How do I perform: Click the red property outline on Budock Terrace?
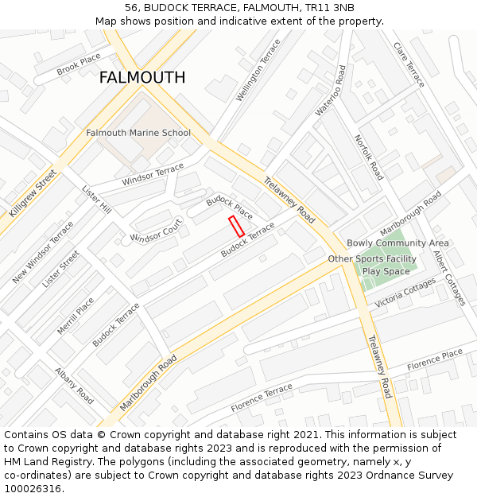pyautogui.click(x=236, y=227)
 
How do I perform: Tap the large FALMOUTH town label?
pyautogui.click(x=142, y=78)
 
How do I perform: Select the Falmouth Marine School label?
pyautogui.click(x=138, y=133)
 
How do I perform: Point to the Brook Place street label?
pyautogui.click(x=79, y=64)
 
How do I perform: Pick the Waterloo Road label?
pyautogui.click(x=331, y=91)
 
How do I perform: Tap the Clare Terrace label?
pyautogui.click(x=409, y=64)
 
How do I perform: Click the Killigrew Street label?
pyautogui.click(x=33, y=193)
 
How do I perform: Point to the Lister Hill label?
pyautogui.click(x=96, y=199)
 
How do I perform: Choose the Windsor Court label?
pyautogui.click(x=156, y=232)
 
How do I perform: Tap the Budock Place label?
pyautogui.click(x=229, y=208)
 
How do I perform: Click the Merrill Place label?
pyautogui.click(x=76, y=316)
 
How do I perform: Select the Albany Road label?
pyautogui.click(x=75, y=386)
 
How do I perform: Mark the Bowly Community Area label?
pyautogui.click(x=397, y=243)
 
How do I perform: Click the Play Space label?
pyautogui.click(x=386, y=272)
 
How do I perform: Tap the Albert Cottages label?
pyautogui.click(x=448, y=278)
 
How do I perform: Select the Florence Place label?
pyautogui.click(x=435, y=359)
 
